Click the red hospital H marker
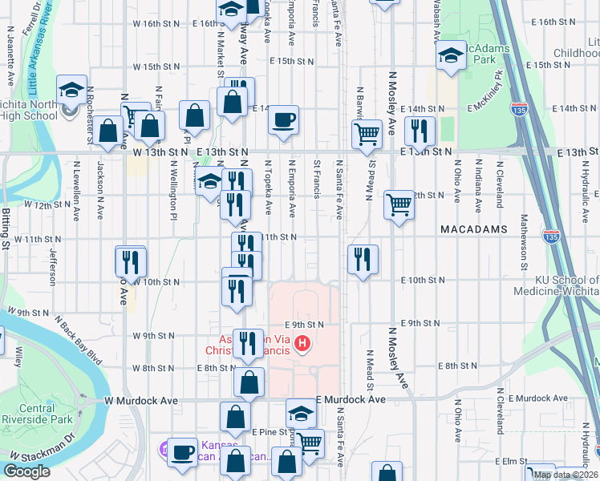(x=302, y=345)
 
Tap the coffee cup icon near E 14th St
(x=283, y=120)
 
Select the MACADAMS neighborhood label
(x=473, y=229)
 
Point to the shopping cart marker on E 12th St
(x=399, y=205)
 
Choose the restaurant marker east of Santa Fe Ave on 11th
(x=363, y=259)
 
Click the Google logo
(x=26, y=471)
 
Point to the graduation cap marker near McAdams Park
(x=451, y=55)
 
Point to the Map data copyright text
(x=566, y=475)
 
